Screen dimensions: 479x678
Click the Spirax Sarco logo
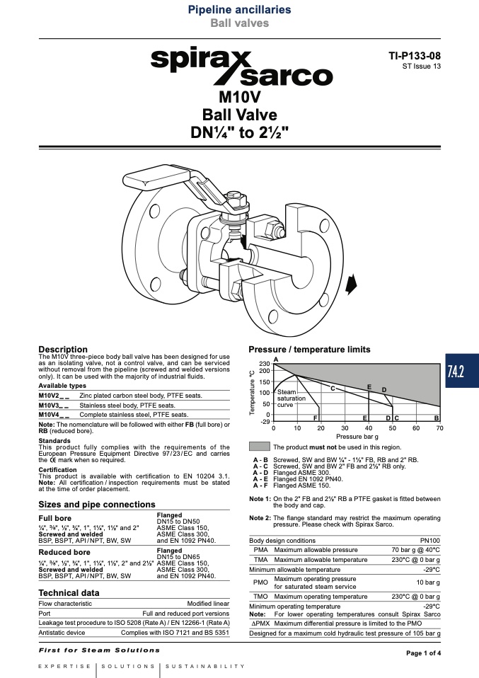242,65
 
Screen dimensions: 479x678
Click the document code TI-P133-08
415,56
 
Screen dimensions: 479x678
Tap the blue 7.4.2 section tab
462,371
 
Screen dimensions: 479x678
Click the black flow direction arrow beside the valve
352,284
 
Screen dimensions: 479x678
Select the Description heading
63,350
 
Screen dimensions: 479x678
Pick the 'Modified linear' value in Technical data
208,604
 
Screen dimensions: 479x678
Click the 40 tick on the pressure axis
369,428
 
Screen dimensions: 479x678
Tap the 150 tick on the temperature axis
264,381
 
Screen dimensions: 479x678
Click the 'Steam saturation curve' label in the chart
291,398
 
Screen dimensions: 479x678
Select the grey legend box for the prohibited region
260,447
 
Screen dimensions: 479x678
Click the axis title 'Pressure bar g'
357,437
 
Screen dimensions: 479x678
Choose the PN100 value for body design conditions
430,541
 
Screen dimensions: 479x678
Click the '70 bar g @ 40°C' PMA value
415,550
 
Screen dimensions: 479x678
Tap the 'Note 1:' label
260,498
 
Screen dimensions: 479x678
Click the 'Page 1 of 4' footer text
424,653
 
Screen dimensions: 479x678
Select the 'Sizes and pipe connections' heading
97,504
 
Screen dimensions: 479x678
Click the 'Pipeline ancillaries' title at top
239,9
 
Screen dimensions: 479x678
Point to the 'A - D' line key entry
260,473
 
